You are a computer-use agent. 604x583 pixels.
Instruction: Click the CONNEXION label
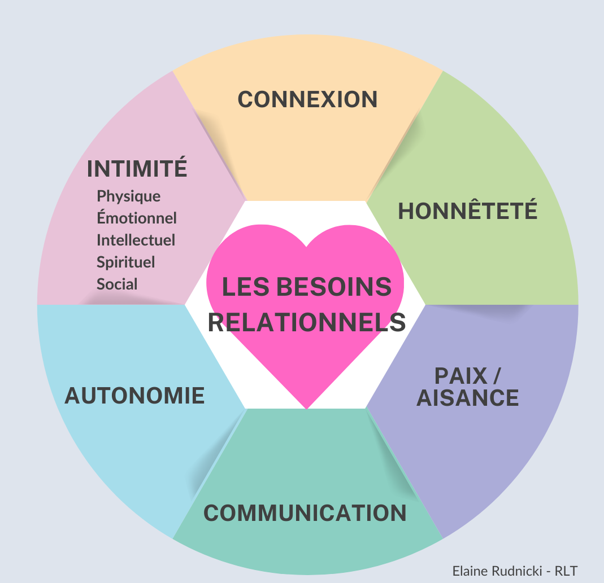coord(307,99)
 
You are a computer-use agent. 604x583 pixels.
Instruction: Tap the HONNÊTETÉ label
coord(468,211)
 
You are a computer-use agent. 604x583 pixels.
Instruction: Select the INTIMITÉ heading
coord(137,168)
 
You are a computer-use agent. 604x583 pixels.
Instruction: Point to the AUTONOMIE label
coord(134,395)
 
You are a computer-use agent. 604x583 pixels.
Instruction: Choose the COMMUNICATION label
coord(305,513)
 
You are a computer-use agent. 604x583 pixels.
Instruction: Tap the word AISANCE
coord(468,398)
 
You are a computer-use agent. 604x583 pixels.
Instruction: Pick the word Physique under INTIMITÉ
coord(129,196)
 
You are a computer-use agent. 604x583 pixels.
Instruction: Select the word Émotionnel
coord(137,218)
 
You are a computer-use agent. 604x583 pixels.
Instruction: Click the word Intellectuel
coord(136,240)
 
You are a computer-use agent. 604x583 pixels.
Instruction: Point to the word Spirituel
coord(126,262)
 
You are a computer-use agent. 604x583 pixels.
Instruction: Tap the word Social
coord(117,284)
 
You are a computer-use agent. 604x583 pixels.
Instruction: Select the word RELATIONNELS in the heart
coord(307,322)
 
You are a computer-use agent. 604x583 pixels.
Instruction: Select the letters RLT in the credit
coord(567,571)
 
